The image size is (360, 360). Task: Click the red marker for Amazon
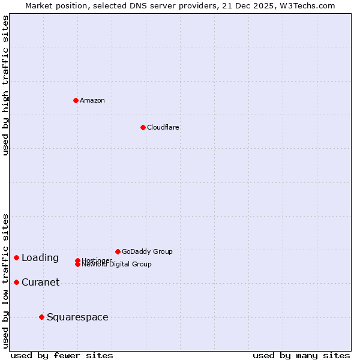tap(76, 100)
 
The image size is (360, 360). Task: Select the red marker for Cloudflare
tap(143, 127)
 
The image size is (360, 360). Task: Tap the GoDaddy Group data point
tap(118, 251)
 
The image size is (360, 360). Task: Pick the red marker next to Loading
tap(16, 257)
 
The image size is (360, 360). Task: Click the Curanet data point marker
tap(16, 282)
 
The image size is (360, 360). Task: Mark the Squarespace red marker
tap(41, 317)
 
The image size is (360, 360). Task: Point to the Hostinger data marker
tap(77, 260)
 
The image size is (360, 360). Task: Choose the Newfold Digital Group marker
tap(77, 265)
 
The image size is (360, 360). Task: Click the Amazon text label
tap(92, 100)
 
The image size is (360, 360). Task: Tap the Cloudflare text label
tap(163, 127)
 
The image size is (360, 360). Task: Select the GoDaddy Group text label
tap(147, 251)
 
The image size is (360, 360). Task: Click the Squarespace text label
tap(77, 317)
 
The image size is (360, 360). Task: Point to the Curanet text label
tap(40, 282)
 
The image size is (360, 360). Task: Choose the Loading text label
tap(40, 257)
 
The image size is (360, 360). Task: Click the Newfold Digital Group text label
tap(117, 265)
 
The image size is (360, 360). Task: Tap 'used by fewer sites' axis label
tap(62, 355)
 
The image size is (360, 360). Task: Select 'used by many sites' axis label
tap(301, 355)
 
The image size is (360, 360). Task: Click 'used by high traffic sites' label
tap(5, 85)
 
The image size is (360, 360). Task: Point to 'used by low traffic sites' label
tap(5, 280)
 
